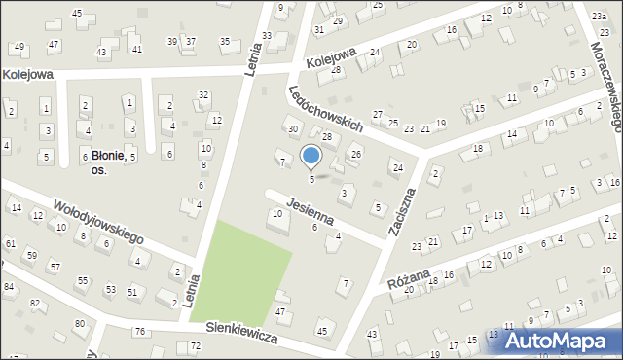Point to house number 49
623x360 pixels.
point(18,47)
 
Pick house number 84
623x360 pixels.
point(9,286)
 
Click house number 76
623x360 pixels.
point(140,332)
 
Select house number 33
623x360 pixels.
point(267,36)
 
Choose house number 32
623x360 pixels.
point(202,94)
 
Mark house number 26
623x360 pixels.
point(356,154)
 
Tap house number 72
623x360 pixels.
point(195,346)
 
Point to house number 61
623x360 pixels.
point(10,242)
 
